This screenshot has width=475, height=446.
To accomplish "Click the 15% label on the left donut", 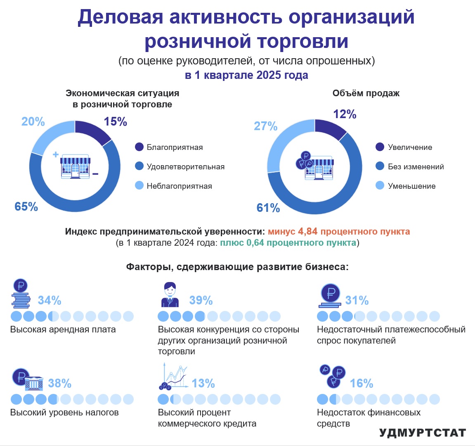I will click(115, 122).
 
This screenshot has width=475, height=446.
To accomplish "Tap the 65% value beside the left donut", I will click(26, 206).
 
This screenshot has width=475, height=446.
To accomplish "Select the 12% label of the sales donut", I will click(345, 114).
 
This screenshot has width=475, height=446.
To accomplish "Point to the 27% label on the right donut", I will click(265, 126).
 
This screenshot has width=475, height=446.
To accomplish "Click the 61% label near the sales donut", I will click(268, 208).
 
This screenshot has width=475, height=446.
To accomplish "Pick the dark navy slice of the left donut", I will click(92, 131).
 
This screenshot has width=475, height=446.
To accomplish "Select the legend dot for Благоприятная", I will click(139, 147).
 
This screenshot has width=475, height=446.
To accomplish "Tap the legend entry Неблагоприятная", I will click(179, 186).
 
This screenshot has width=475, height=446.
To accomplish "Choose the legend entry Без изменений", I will click(416, 166).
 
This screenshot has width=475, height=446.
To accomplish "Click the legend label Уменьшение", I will click(411, 186).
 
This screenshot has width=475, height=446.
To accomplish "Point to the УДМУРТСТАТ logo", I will click(422, 433).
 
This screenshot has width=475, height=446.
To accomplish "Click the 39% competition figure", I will click(201, 300).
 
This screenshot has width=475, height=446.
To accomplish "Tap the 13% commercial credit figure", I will click(203, 384).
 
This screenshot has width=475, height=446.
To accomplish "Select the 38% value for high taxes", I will click(59, 384).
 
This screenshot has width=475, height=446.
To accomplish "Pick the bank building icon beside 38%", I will click(34, 384).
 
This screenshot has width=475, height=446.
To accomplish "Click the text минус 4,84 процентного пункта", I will click(339, 231).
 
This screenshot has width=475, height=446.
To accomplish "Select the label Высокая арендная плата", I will click(63, 330).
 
